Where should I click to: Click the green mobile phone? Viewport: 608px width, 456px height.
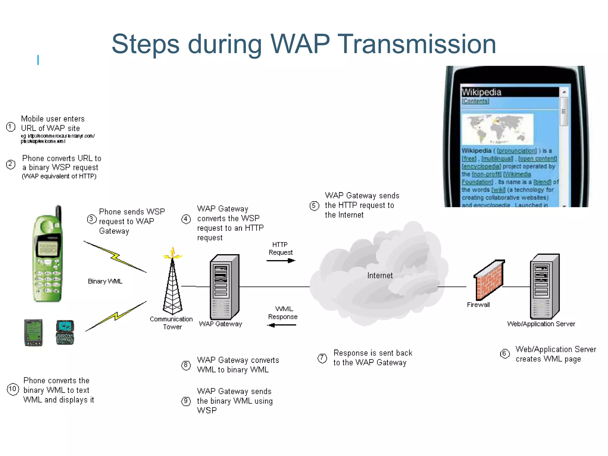click(x=47, y=255)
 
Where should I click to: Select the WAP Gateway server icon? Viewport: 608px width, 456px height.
click(x=224, y=286)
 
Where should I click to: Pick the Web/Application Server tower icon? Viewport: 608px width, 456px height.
click(x=545, y=286)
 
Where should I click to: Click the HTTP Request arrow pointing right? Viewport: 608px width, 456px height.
click(x=281, y=261)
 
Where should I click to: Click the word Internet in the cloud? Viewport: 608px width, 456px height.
click(x=380, y=275)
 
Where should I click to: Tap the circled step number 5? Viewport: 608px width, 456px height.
click(x=314, y=206)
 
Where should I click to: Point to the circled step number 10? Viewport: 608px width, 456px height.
click(x=13, y=389)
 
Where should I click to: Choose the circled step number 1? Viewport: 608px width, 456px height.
click(x=11, y=127)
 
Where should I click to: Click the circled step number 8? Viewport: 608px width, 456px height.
click(x=186, y=365)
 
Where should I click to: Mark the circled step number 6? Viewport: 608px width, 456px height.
click(x=505, y=354)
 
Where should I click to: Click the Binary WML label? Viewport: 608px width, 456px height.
click(x=105, y=281)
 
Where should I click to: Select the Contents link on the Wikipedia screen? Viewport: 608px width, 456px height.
click(x=475, y=101)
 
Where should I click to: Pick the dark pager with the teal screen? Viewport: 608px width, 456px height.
click(x=65, y=332)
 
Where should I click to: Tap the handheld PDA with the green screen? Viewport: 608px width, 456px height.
click(x=34, y=332)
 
